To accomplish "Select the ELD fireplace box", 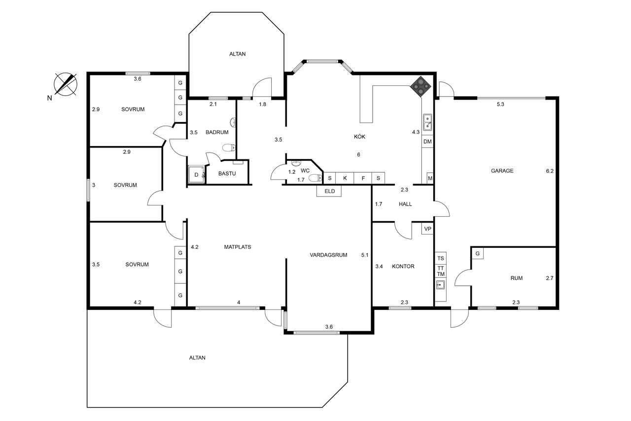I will (x=329, y=191).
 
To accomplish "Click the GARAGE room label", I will (x=502, y=171).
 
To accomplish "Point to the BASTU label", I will (x=227, y=173).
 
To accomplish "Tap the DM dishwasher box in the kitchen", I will (x=427, y=142).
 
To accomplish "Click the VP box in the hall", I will (x=427, y=229).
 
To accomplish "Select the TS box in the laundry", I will (x=440, y=258).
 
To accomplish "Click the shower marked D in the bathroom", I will (x=196, y=175).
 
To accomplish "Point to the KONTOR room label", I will (x=403, y=266).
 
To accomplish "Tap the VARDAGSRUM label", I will (x=328, y=255).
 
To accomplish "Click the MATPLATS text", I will (x=238, y=247).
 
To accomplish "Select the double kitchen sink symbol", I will (x=427, y=122).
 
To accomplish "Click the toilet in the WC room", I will (x=316, y=178).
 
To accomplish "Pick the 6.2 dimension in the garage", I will (x=550, y=171).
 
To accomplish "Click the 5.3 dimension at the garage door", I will (x=500, y=104).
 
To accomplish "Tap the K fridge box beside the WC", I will (x=345, y=178).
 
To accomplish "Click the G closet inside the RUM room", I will (x=477, y=253).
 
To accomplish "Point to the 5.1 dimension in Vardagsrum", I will (x=365, y=255).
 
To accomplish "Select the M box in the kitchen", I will (x=430, y=178).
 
